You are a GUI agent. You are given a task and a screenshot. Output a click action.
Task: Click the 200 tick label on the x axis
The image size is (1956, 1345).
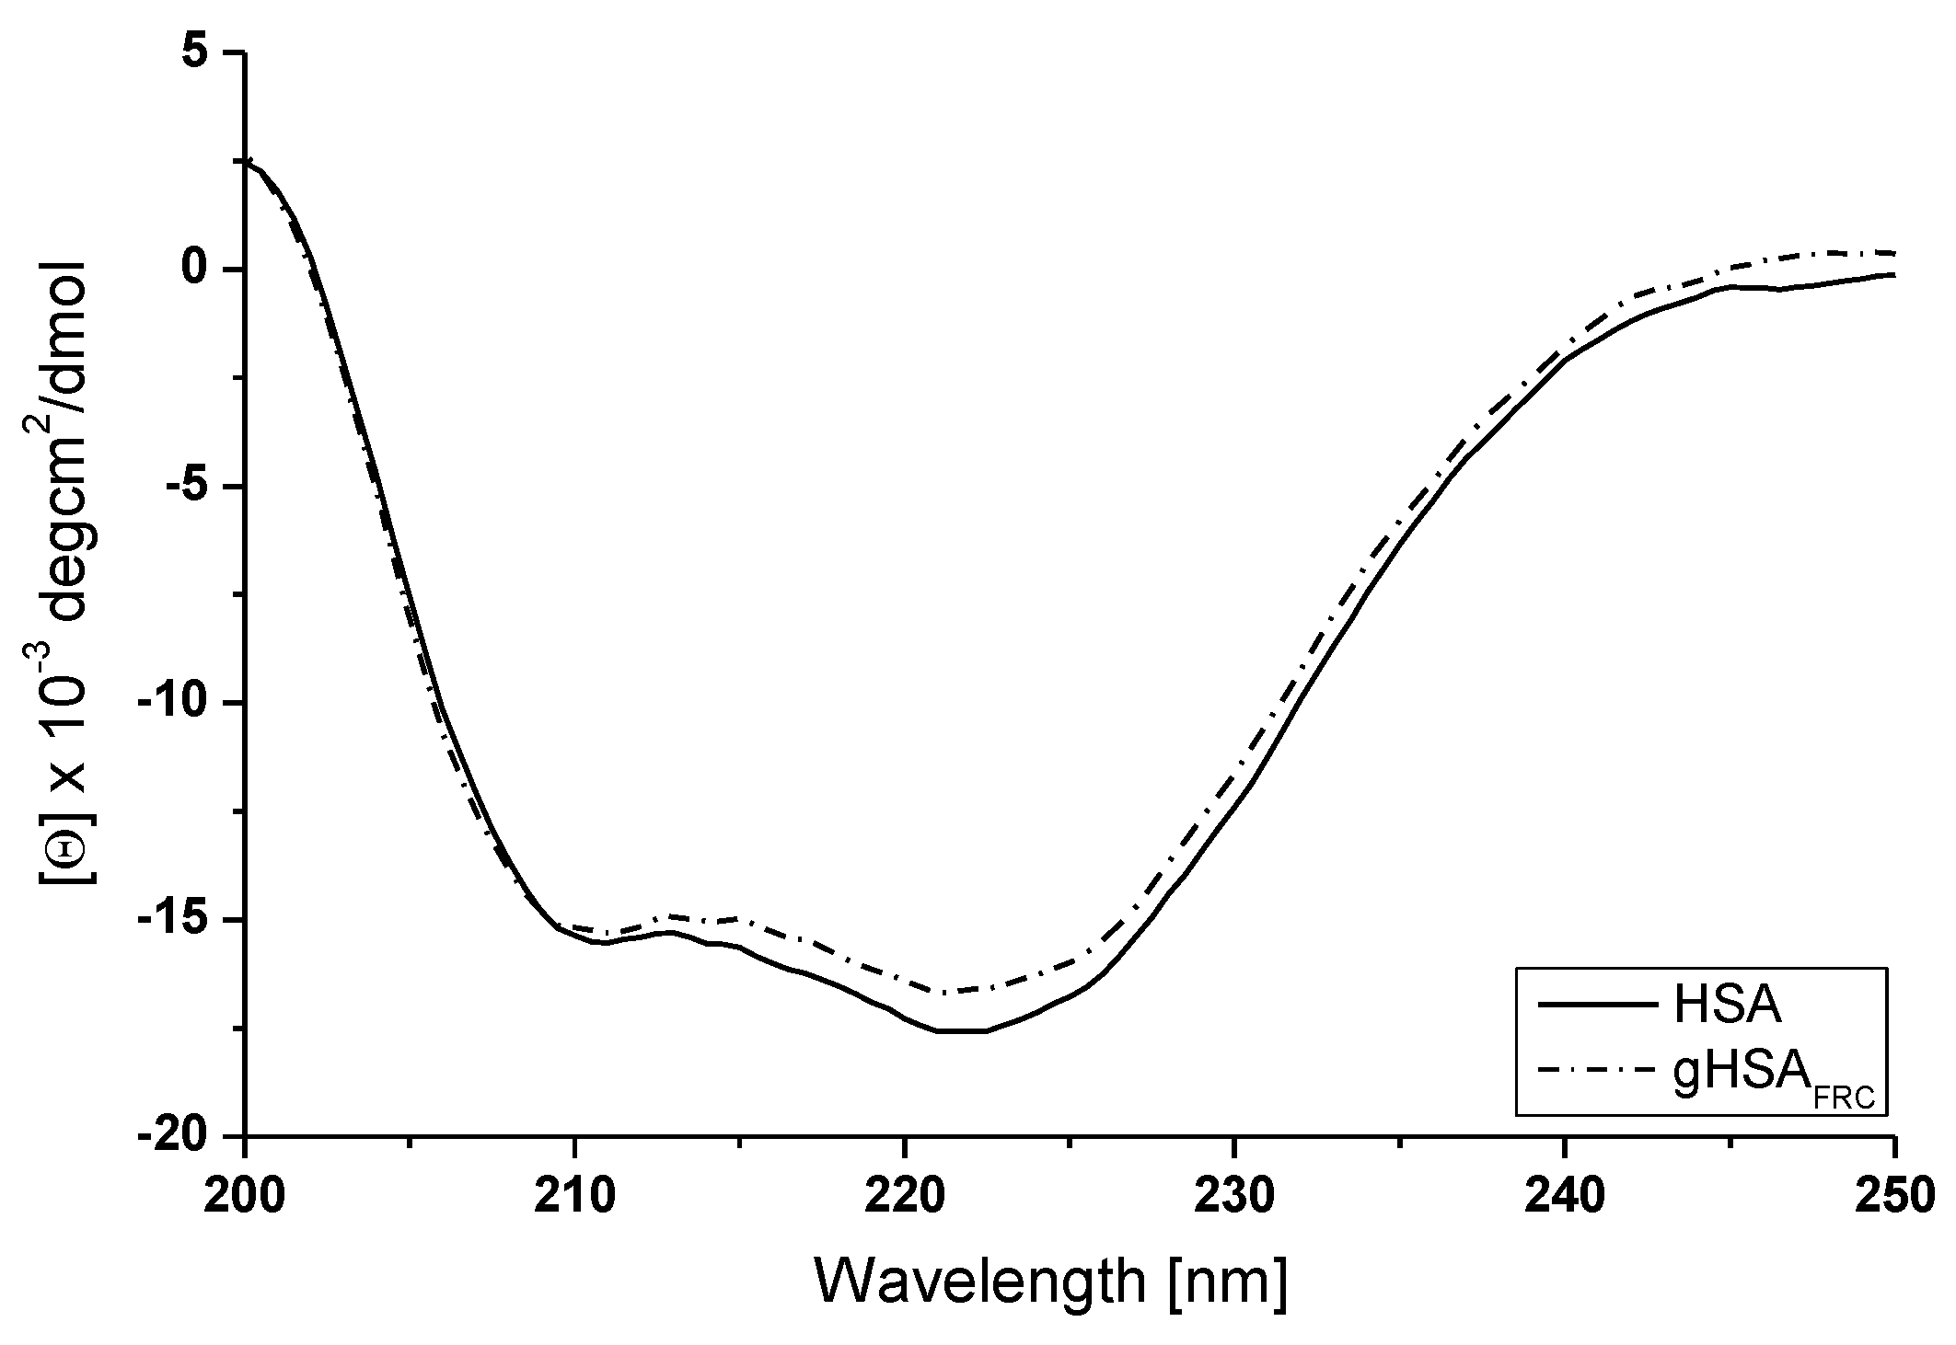point(246,1196)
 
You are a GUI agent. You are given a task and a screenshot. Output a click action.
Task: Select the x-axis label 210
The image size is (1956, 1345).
point(575,1196)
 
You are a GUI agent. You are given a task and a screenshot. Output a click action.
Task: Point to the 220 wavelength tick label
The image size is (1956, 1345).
point(905,1196)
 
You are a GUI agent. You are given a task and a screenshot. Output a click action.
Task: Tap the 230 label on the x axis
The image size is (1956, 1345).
point(1234,1196)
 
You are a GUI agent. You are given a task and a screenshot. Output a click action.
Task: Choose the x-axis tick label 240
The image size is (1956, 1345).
point(1564,1196)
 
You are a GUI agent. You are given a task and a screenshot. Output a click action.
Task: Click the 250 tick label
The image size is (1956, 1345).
point(1893,1196)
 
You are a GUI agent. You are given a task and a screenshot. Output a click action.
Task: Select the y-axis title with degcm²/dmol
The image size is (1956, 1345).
point(64,570)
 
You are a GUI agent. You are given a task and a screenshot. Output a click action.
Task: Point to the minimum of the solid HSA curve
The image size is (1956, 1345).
point(962,1031)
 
